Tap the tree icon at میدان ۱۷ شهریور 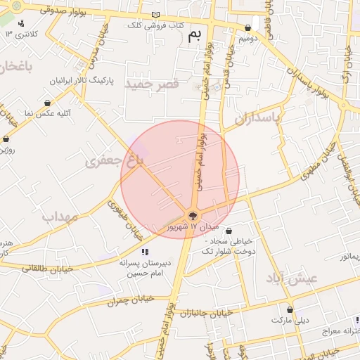click(x=193, y=216)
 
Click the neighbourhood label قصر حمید click(x=152, y=84)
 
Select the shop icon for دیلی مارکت click(x=290, y=309)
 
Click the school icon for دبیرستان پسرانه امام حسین click(x=145, y=251)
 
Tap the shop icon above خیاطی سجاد click(x=229, y=231)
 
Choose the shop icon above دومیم click(x=247, y=28)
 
